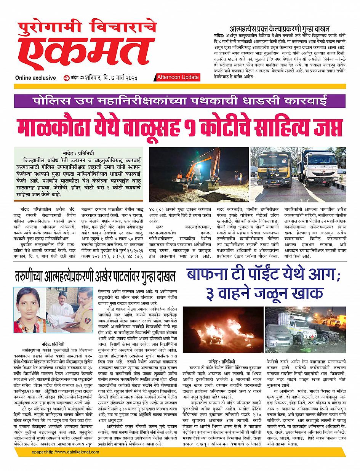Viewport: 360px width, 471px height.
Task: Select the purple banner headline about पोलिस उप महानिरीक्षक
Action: pos(180,102)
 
